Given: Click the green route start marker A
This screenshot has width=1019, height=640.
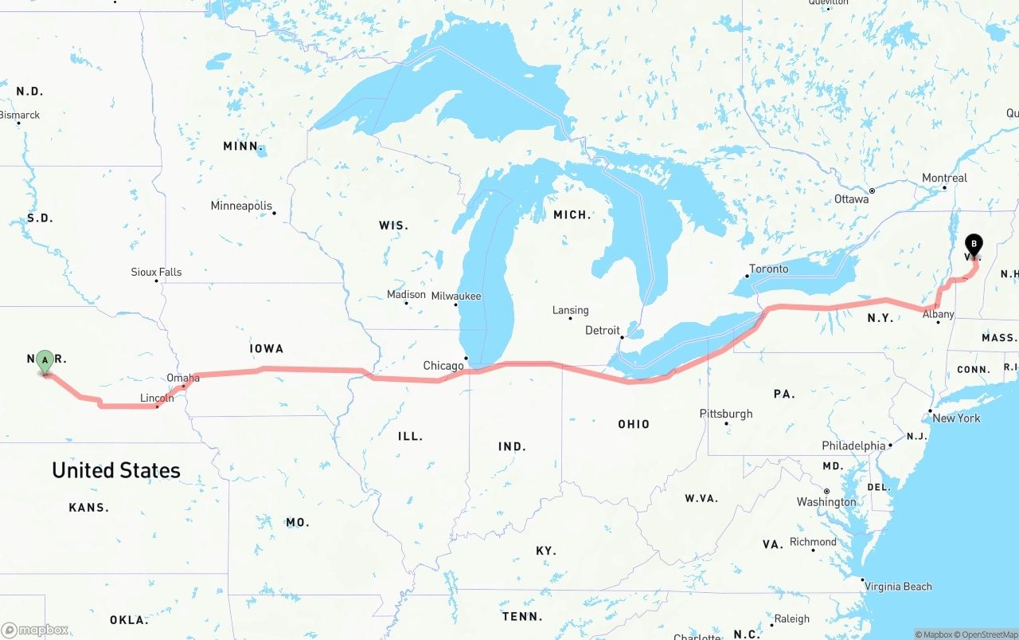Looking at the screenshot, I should click(x=45, y=361).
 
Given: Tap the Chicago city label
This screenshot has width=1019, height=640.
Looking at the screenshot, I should click(x=443, y=366).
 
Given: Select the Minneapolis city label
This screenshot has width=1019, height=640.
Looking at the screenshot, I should click(x=241, y=206).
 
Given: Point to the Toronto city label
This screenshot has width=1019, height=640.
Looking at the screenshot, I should click(x=769, y=269).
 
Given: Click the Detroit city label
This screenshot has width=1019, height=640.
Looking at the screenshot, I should click(x=602, y=330).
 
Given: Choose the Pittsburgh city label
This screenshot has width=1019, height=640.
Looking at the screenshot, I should click(x=725, y=414).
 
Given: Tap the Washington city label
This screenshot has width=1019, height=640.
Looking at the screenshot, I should click(x=826, y=502).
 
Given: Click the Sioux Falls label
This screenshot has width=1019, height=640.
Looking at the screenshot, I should click(x=156, y=272).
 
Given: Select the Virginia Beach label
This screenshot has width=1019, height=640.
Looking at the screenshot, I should click(x=898, y=587).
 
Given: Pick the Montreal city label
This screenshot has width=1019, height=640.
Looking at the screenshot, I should click(x=944, y=178).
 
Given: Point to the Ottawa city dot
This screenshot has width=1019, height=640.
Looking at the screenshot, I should click(x=873, y=190).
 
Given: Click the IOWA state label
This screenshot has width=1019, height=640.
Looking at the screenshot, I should click(x=266, y=348).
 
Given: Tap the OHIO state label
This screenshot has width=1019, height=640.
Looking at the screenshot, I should click(x=634, y=424).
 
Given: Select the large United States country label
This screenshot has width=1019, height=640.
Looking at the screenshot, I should click(x=116, y=470).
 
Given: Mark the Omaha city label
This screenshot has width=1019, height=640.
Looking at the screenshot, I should click(x=183, y=378).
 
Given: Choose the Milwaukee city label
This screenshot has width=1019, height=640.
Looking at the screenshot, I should click(x=456, y=296).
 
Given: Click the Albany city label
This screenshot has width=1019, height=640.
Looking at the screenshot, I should click(x=938, y=314).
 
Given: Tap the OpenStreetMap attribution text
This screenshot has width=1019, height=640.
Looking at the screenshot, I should click(x=988, y=634).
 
